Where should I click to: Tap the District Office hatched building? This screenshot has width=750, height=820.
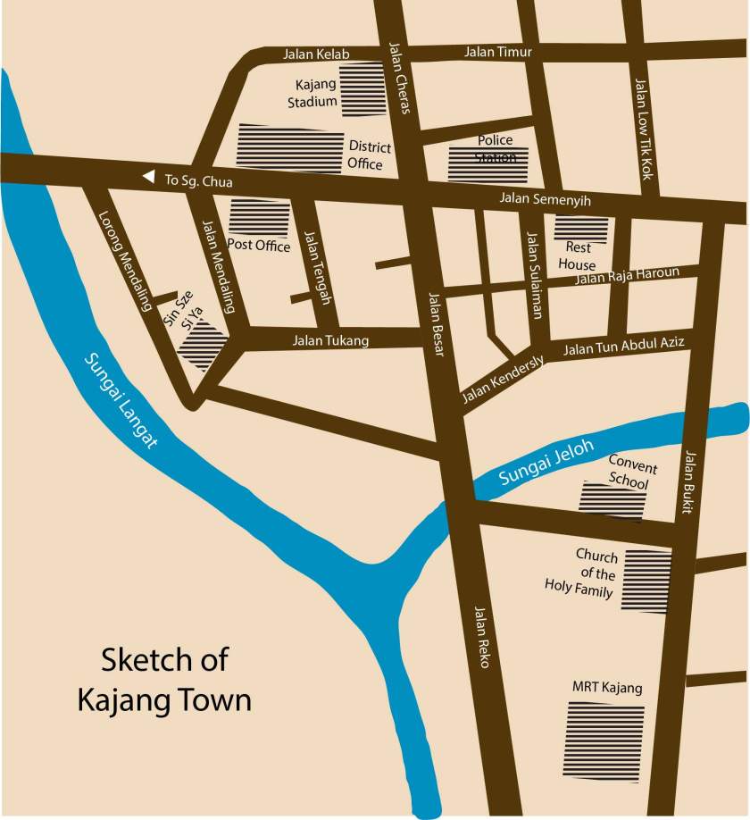point(290,148)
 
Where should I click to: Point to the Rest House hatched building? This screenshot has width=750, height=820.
point(582,230)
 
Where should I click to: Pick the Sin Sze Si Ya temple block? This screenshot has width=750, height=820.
point(203,346)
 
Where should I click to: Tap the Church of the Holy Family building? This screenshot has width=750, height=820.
point(646,581)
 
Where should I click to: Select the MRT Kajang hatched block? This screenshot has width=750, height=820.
point(604,741)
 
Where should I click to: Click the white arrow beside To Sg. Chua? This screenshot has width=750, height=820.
point(148,178)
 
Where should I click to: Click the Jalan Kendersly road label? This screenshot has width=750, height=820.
point(503,383)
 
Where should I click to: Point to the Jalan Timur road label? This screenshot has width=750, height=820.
point(497,53)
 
